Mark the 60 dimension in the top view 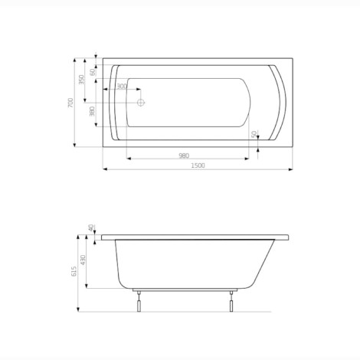click(x=93, y=71)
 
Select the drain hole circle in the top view click(x=140, y=101)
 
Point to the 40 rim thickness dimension click(x=90, y=228)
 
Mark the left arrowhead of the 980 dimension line click(x=127, y=159)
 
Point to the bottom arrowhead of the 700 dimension click(x=74, y=145)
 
